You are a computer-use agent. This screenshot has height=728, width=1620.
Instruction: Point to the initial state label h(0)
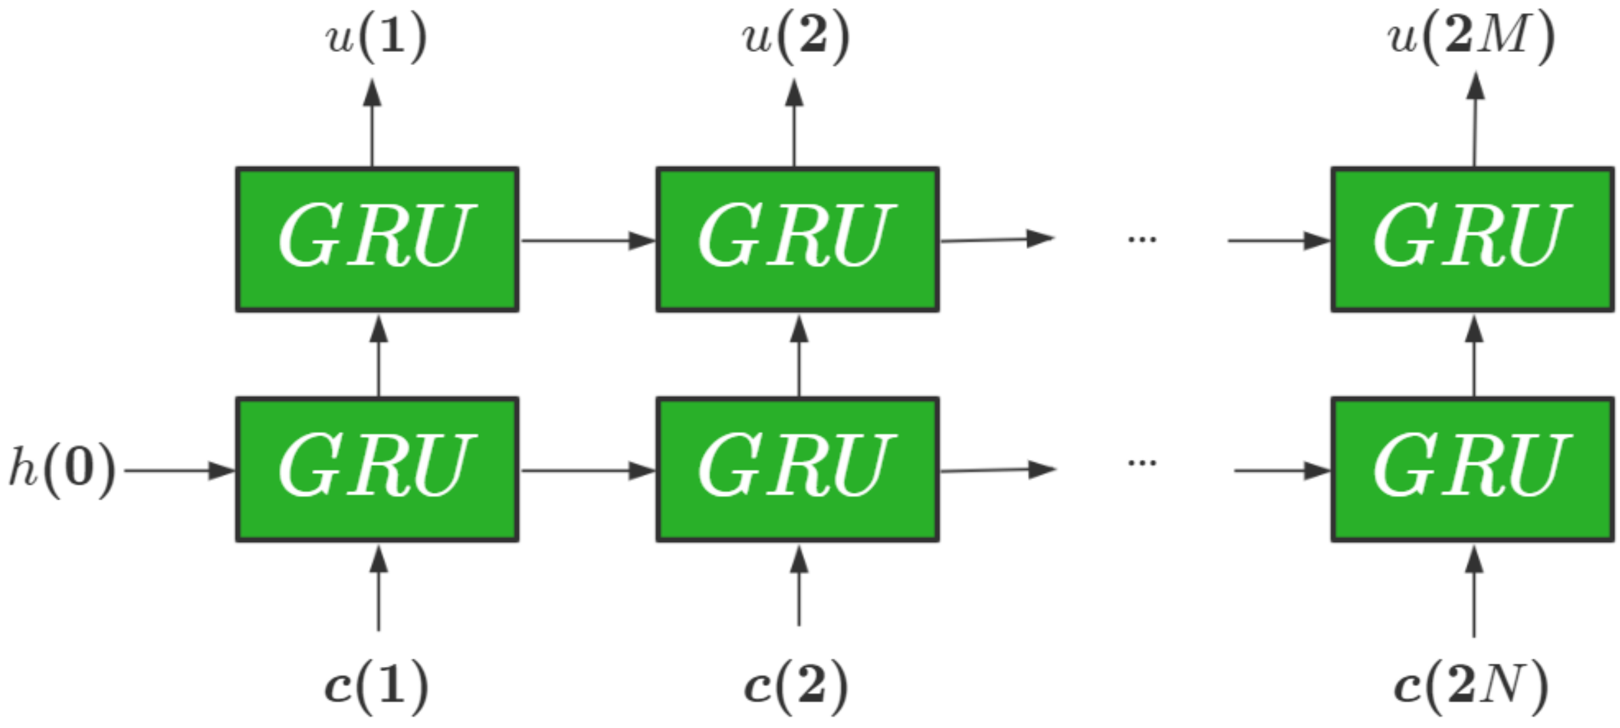62,470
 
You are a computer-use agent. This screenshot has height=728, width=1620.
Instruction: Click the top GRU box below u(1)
378,239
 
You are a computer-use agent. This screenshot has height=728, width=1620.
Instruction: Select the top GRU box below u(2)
798,239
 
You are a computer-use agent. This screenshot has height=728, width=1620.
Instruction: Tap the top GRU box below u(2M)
1473,239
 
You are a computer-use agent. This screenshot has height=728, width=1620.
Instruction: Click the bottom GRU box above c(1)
378,469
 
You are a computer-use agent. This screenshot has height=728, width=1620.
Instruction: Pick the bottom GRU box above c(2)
798,469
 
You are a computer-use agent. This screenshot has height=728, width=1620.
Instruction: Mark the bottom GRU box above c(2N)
1473,469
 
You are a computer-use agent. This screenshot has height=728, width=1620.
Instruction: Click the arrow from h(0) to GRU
179,470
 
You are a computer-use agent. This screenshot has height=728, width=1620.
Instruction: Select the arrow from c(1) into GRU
378,588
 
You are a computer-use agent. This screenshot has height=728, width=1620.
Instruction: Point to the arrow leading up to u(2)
794,123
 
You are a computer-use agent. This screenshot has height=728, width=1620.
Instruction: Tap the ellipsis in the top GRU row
1142,239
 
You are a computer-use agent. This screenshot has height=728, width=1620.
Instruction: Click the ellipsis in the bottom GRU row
1142,463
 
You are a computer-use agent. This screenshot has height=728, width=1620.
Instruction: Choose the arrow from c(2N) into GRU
1474,591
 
